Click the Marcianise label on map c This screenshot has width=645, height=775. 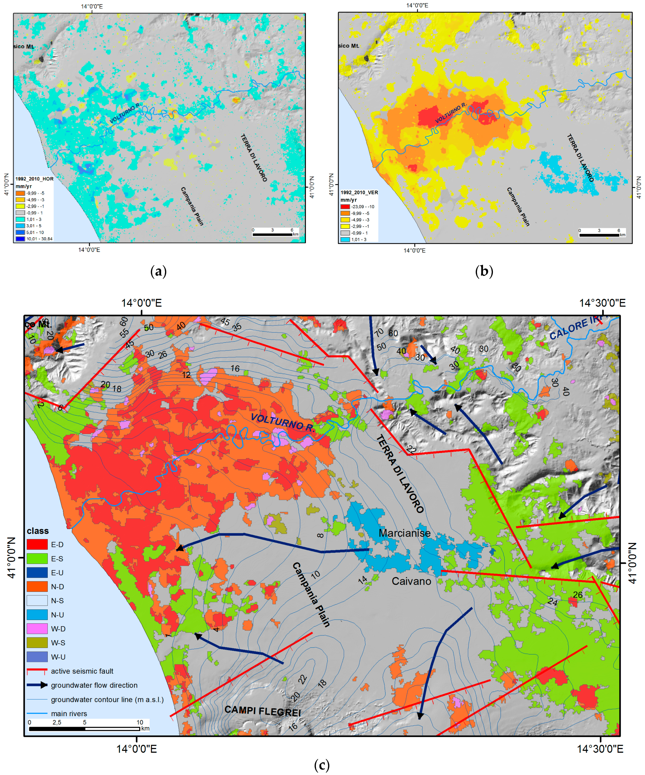(404, 533)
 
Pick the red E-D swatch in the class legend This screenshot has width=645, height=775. (37, 544)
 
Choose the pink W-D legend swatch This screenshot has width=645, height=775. (37, 629)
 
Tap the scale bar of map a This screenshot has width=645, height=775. (273, 234)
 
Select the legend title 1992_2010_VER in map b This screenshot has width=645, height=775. (359, 193)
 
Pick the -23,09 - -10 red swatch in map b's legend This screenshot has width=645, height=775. (345, 207)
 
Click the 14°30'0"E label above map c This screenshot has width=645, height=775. (602, 303)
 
